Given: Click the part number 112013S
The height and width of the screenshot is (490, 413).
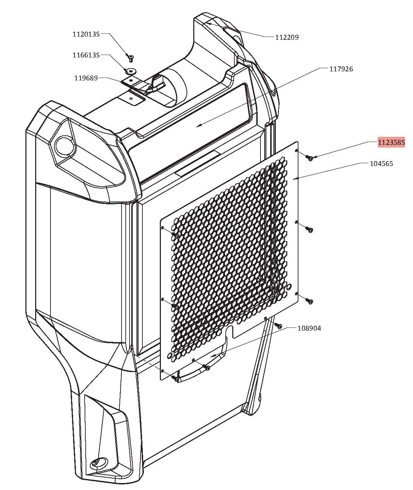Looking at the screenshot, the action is tap(86, 34).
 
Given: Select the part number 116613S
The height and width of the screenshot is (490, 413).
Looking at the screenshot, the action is tap(86, 55).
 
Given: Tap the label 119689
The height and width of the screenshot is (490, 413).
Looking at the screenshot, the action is tap(86, 78).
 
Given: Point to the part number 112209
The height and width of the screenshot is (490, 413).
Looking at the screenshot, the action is tap(287, 37).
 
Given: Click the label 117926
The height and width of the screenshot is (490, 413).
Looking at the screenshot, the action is tap(341, 69).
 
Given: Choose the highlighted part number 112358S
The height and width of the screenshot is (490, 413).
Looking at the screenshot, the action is tap(391, 142).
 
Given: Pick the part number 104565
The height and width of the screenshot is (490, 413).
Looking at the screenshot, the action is tap(381, 164).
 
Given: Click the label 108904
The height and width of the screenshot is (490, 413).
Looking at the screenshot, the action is tap(309, 328).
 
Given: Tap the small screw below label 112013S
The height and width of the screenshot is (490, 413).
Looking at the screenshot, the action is tap(130, 58).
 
